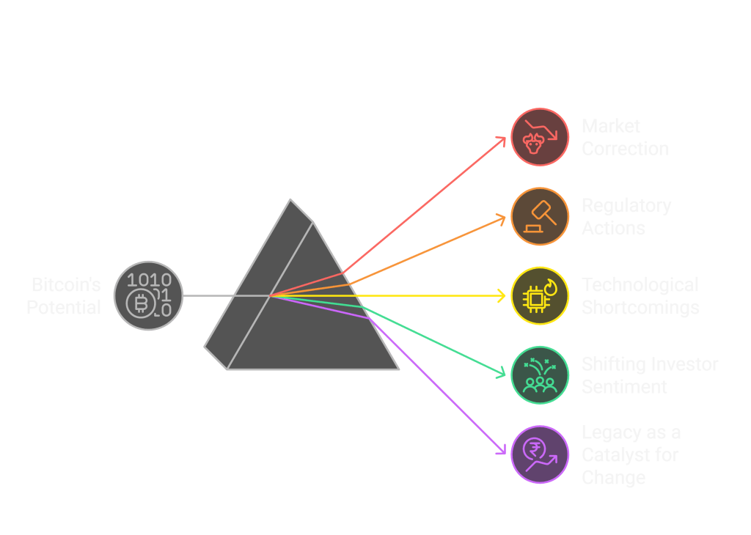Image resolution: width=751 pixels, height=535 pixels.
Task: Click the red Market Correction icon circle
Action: [x=540, y=137]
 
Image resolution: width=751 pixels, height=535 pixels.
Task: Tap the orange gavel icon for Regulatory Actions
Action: [x=540, y=216]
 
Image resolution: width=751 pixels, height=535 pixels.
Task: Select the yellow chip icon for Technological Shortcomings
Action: [x=540, y=295]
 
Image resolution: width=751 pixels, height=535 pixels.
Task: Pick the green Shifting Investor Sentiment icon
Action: [x=540, y=374]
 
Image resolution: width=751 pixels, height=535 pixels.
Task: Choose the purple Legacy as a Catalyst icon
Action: [x=540, y=454]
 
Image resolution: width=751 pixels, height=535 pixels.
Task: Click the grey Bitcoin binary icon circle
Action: [x=147, y=295]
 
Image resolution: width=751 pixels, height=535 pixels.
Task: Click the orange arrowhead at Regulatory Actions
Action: [x=503, y=217]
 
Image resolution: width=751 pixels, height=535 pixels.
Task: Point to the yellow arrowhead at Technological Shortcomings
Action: [x=503, y=295]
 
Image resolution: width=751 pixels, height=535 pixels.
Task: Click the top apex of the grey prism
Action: [x=291, y=199]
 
